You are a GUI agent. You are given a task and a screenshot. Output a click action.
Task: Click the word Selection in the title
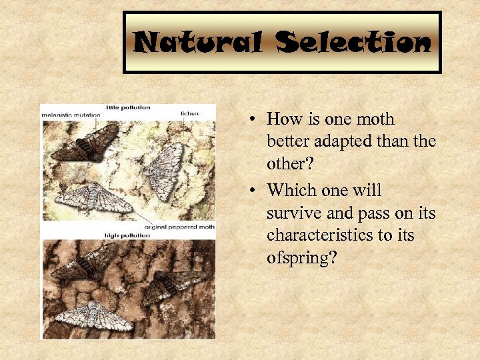(x=354, y=43)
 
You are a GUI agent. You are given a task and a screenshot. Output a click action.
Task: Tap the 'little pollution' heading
(x=128, y=107)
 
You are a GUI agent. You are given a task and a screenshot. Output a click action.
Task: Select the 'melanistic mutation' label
(x=71, y=115)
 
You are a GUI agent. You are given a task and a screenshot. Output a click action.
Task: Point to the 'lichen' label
(x=189, y=114)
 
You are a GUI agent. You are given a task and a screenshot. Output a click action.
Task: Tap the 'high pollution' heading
(x=128, y=235)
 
